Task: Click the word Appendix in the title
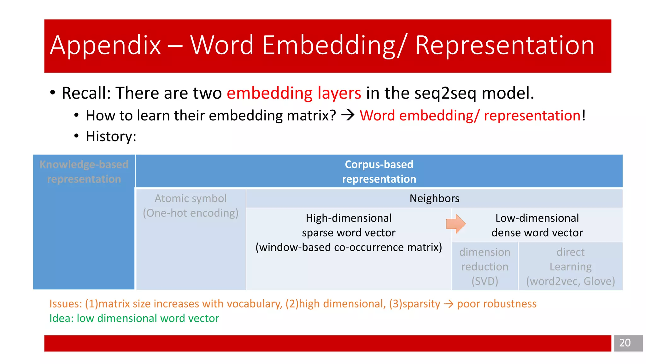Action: pos(105,46)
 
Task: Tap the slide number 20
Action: pos(625,343)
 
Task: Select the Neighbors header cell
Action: pos(434,198)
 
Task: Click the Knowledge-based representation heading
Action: pos(84,172)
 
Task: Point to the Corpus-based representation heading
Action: pos(379,172)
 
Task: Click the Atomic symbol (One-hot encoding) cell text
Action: pos(191,206)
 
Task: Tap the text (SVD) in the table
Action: pos(484,281)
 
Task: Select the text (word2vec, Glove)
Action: pos(570,281)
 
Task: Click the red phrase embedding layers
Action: pos(294,93)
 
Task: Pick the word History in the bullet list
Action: pos(110,136)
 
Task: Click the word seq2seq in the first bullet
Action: pos(445,93)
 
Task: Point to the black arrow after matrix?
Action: pos(348,115)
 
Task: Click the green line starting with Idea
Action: pos(134,318)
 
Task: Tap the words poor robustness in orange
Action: pos(496,304)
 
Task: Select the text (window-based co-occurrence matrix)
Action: pos(349,247)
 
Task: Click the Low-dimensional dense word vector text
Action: pos(537,225)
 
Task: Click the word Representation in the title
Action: pos(504,46)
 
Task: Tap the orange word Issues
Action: pos(65,304)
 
